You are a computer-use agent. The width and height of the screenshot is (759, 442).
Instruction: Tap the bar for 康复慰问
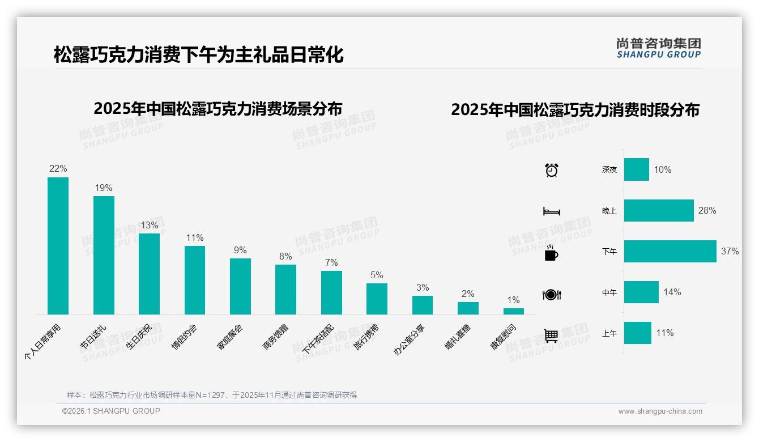(x=514, y=311)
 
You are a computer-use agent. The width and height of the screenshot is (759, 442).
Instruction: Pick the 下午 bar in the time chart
(x=670, y=251)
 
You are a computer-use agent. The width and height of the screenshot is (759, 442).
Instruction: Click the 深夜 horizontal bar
(x=637, y=169)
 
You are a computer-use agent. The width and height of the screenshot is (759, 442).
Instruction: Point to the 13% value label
(x=150, y=225)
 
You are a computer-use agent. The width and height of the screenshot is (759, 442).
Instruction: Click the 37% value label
(x=730, y=251)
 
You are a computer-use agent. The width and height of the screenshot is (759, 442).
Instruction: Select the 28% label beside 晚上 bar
(x=707, y=210)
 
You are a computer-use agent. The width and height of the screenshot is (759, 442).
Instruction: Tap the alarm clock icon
(x=552, y=170)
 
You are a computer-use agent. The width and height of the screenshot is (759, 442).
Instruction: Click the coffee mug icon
(x=551, y=253)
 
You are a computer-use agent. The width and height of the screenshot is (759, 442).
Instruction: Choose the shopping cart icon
(x=551, y=335)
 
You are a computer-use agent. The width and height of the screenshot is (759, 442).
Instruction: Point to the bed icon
(x=551, y=211)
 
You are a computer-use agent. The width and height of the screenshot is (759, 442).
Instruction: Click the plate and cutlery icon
(x=551, y=295)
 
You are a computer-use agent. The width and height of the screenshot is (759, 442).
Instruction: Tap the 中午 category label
(x=609, y=293)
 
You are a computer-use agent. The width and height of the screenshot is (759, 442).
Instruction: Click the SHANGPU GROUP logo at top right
(x=658, y=48)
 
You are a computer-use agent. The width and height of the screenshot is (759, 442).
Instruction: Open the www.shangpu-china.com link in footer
(x=660, y=411)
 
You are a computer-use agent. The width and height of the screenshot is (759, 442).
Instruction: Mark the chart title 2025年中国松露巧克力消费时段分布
(x=575, y=109)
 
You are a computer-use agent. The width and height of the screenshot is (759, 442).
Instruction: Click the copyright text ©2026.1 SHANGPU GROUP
(x=111, y=411)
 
